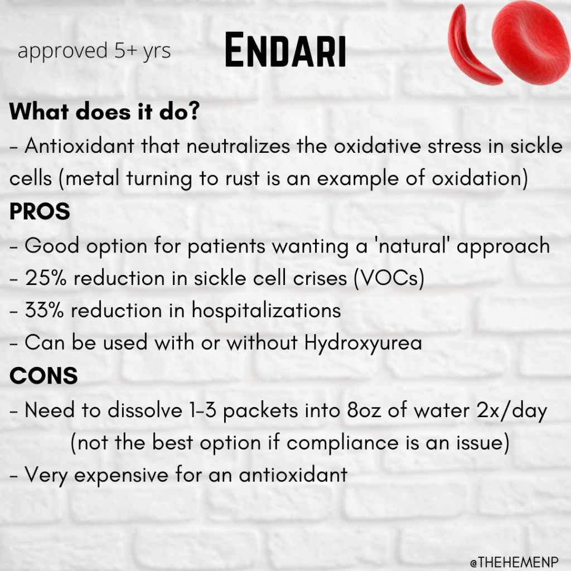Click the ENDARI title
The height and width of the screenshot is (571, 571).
pyautogui.click(x=285, y=50)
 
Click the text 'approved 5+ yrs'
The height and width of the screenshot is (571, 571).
pyautogui.click(x=94, y=51)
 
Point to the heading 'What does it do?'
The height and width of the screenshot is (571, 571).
pyautogui.click(x=104, y=111)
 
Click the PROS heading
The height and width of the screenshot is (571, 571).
pyautogui.click(x=40, y=211)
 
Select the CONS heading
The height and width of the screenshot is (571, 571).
pyautogui.click(x=43, y=375)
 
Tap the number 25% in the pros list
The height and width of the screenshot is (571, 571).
pyautogui.click(x=46, y=279)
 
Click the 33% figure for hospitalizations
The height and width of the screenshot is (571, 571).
pyautogui.click(x=45, y=311)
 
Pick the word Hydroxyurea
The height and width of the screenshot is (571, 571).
pyautogui.click(x=363, y=344)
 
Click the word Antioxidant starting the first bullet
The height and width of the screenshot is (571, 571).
pyautogui.click(x=79, y=146)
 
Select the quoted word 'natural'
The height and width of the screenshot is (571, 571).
pyautogui.click(x=413, y=245)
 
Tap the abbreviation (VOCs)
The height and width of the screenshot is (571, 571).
pyautogui.click(x=389, y=279)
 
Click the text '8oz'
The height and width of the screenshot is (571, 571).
pyautogui.click(x=364, y=411)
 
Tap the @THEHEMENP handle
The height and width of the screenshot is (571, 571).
pyautogui.click(x=514, y=562)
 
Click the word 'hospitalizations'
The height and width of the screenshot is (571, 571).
pyautogui.click(x=266, y=311)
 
